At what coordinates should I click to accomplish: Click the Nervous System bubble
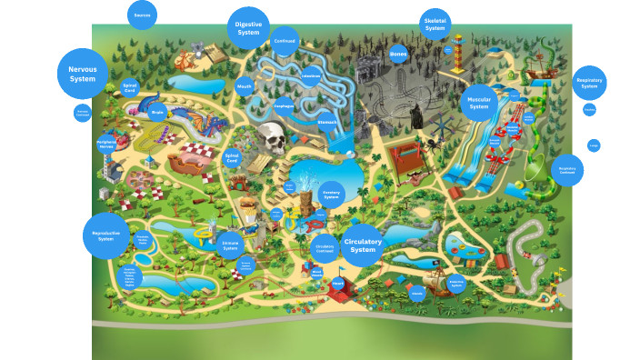83,74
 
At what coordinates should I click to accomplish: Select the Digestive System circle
248,27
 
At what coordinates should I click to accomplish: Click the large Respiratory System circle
589,84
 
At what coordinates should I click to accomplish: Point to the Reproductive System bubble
105,235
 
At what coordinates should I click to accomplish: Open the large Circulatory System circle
363,245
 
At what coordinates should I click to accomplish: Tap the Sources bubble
142,15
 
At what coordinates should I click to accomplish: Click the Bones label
398,54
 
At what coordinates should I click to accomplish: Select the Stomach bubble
327,122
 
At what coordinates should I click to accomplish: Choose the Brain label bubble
157,114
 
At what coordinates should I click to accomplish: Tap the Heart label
338,284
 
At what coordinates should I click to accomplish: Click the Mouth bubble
244,87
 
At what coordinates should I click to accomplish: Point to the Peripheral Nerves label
106,144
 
